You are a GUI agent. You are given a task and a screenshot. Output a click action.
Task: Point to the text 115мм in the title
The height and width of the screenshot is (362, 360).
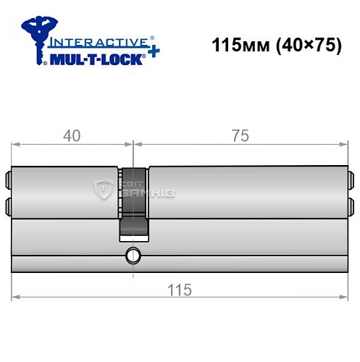click(x=232, y=44)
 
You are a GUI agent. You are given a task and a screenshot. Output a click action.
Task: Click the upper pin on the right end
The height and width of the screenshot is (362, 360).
click(x=350, y=178)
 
